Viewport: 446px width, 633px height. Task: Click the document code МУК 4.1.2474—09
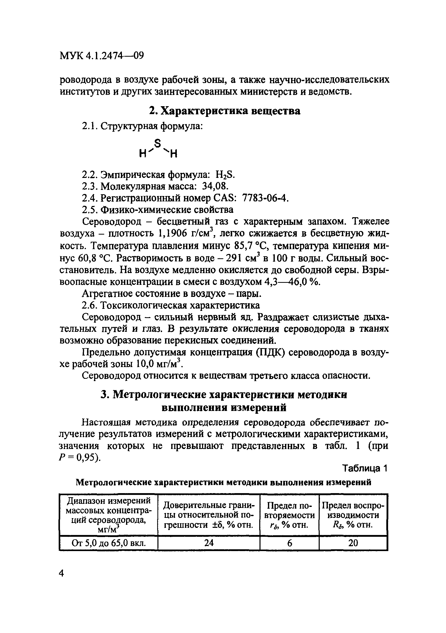(102, 56)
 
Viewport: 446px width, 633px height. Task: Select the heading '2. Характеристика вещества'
(224, 111)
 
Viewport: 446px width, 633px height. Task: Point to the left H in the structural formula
(143, 153)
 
